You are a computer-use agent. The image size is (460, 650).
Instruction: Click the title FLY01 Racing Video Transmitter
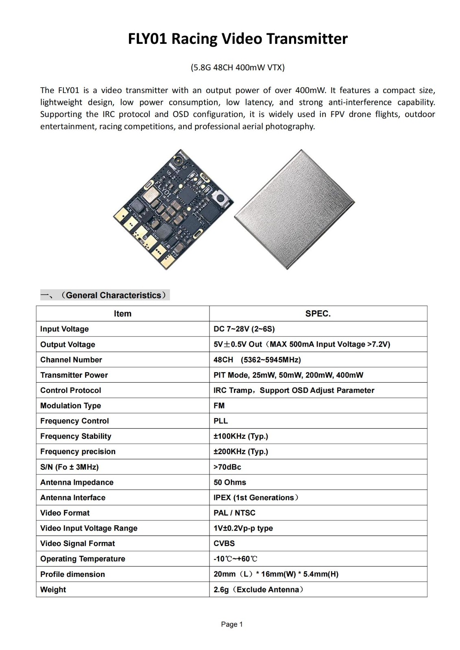(x=238, y=39)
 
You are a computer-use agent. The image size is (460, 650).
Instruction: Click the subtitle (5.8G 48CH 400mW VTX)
(x=238, y=67)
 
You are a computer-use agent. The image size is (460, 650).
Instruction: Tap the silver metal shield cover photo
(x=294, y=209)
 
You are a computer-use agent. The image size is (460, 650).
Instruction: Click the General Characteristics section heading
(x=105, y=295)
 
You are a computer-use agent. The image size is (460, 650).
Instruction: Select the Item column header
(x=122, y=314)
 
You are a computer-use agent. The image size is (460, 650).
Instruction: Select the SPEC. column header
(x=318, y=314)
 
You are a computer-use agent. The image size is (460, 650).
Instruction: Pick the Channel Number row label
(x=71, y=360)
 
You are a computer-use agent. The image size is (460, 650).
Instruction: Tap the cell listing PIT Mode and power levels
(x=288, y=375)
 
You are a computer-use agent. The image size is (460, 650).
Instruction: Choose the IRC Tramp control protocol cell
(x=294, y=390)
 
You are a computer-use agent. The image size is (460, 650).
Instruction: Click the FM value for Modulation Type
(x=219, y=406)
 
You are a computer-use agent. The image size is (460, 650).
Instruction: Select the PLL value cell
(x=221, y=421)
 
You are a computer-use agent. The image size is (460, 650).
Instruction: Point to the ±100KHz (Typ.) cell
(x=241, y=436)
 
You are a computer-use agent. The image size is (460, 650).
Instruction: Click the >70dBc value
(x=227, y=467)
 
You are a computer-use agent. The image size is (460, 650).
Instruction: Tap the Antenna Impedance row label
(x=77, y=483)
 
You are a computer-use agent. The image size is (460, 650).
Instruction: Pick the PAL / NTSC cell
(x=234, y=513)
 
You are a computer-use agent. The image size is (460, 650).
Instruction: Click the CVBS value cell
(x=224, y=544)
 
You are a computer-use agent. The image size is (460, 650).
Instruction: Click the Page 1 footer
(x=232, y=624)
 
